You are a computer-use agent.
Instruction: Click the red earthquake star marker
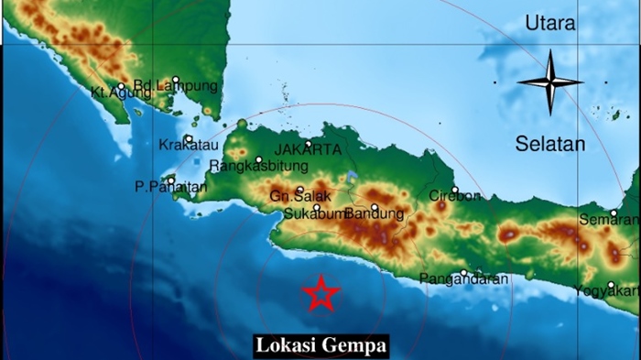[320, 293]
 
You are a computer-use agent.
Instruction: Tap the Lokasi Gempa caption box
[320, 345]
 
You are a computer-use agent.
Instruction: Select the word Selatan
[549, 144]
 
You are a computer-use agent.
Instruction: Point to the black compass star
[550, 82]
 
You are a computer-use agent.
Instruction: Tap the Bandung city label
[375, 213]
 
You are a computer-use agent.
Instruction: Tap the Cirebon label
[455, 196]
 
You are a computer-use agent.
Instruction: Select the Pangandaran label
[457, 278]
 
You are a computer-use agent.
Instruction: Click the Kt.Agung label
[113, 93]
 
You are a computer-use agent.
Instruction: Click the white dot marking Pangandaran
[463, 272]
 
